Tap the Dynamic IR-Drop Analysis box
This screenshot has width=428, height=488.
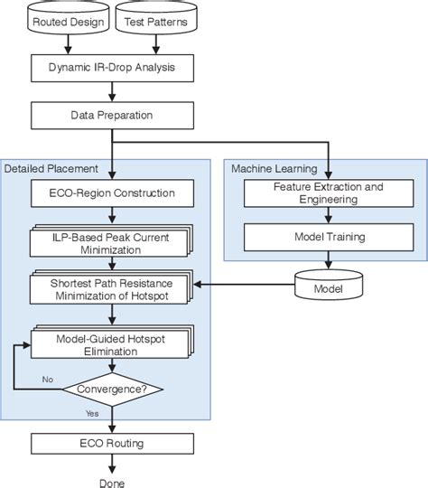[x=111, y=67]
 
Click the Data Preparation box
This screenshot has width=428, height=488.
[x=111, y=115]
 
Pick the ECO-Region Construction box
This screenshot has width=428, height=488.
[x=111, y=192]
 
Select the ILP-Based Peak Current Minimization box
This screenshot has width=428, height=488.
[x=110, y=241]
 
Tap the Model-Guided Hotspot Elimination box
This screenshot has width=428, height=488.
[x=110, y=343]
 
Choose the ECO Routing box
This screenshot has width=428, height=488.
[x=111, y=443]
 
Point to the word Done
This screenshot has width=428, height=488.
[x=112, y=482]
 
